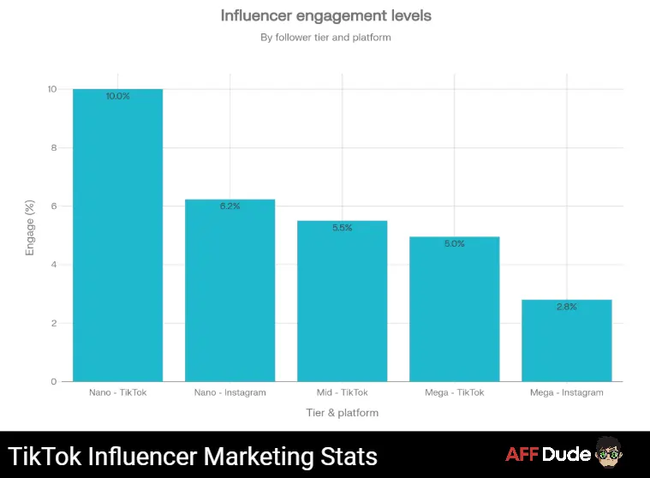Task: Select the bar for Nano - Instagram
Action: [230, 290]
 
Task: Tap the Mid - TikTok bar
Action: [342, 301]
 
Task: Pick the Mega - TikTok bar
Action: [454, 308]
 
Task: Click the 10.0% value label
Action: [117, 97]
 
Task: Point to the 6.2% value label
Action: [230, 206]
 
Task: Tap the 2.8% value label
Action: [566, 307]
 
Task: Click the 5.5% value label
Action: [342, 228]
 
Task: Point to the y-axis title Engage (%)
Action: [30, 228]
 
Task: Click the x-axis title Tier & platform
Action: [342, 412]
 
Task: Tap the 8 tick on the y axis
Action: [53, 147]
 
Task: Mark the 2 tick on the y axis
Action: [53, 323]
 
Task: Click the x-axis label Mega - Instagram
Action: [566, 392]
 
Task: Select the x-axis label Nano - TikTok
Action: [117, 392]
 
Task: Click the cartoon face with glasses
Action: [607, 453]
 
